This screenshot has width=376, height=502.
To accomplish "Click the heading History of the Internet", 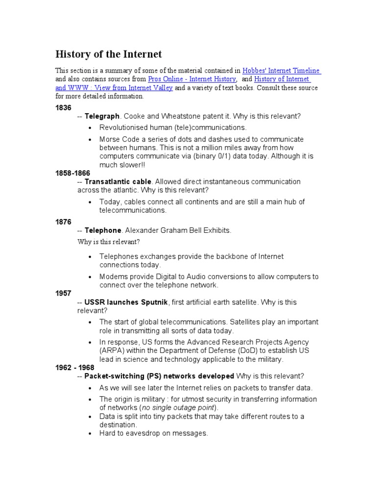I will [x=108, y=54].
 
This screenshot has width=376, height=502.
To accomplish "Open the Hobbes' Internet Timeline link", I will [x=282, y=71].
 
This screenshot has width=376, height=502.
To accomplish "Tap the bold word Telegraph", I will [x=102, y=116].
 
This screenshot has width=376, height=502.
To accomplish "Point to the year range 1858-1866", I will [x=72, y=173].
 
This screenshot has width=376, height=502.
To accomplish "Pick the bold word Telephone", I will [x=103, y=230].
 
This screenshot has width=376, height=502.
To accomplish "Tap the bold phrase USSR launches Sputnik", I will [x=126, y=302].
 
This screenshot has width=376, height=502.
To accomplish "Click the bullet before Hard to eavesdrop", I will [x=91, y=434].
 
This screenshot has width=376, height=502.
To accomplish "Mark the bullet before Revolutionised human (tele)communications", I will [x=91, y=128].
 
